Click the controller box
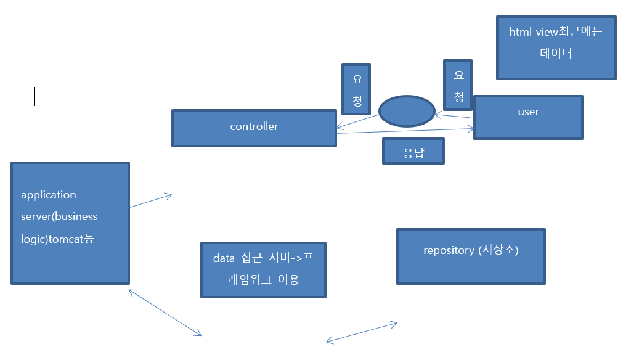pos(254,128)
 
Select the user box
pos(528,117)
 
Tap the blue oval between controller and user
pos(406,111)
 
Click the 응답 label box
pos(413,151)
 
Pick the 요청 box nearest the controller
pos(356,89)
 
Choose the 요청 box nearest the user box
pos(458,86)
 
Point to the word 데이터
pos(556,53)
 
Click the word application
pos(49,195)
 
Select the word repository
pos(449,250)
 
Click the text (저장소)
pos(498,250)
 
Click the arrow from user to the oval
pos(453,116)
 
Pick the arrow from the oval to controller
pos(358,122)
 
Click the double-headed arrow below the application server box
pos(165,313)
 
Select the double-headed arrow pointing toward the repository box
pos(361,332)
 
